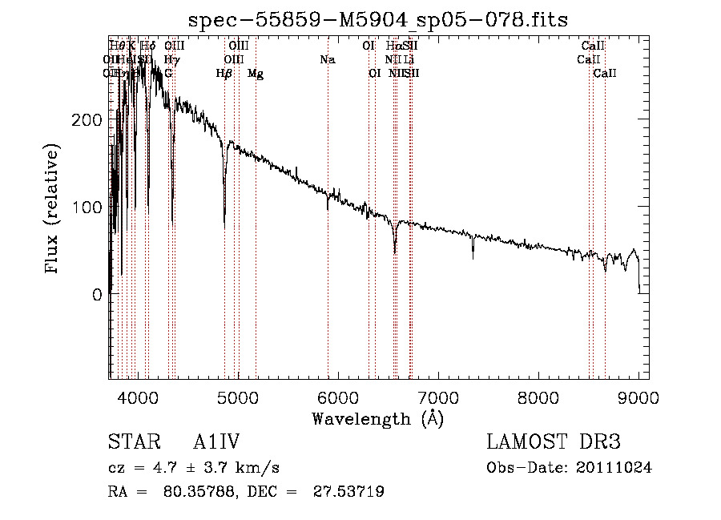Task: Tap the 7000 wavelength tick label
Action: (x=437, y=397)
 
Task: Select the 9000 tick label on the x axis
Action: (x=638, y=397)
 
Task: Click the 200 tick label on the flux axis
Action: (x=87, y=119)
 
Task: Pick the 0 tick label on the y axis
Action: (x=97, y=294)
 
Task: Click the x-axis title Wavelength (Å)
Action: (x=377, y=418)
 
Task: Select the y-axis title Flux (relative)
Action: (x=54, y=211)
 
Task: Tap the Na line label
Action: (x=327, y=59)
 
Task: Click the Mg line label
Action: (x=256, y=74)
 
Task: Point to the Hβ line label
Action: (x=224, y=74)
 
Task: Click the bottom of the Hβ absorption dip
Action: (x=224, y=216)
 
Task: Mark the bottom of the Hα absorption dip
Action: (x=395, y=252)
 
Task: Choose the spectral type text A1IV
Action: (x=216, y=442)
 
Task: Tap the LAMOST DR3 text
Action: (x=553, y=442)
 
